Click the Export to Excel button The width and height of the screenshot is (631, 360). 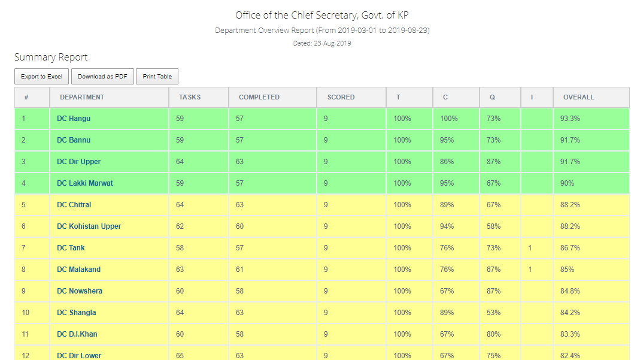41,77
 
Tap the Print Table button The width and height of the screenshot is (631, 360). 157,77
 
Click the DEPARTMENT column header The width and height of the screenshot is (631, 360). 82,97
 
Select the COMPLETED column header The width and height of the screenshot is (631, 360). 259,97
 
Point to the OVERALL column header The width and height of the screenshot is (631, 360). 578,97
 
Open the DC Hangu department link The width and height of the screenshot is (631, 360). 74,119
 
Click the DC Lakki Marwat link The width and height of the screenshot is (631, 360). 85,183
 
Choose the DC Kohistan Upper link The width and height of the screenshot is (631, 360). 89,226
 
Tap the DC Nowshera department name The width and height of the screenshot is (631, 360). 80,291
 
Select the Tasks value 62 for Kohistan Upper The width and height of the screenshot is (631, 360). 180,226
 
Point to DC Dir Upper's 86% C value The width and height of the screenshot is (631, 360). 447,162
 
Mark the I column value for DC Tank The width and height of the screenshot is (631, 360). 530,248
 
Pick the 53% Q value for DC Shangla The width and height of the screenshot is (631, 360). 494,313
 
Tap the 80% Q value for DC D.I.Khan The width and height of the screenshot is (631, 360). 494,334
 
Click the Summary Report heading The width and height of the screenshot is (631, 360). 51,58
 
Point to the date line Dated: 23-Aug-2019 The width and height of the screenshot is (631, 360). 322,43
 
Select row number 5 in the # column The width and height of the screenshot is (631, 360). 23,205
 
